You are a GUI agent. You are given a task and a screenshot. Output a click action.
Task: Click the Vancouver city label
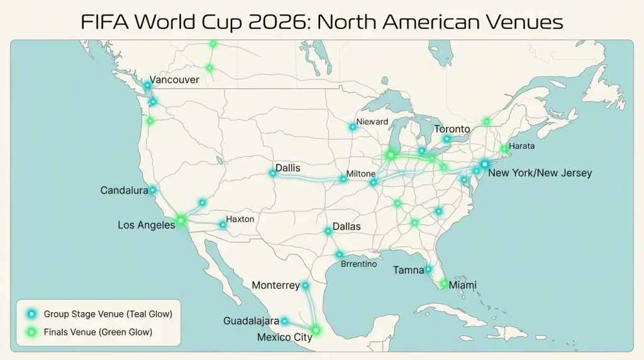[x=174, y=80]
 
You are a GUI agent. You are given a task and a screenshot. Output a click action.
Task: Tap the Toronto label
[x=452, y=129]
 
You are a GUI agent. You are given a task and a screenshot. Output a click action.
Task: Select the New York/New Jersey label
[x=540, y=173]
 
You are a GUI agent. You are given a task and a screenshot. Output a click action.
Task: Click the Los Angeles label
[x=147, y=225]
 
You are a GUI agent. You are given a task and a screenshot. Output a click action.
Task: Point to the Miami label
[x=462, y=285]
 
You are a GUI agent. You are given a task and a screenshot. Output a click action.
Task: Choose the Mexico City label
[x=284, y=337]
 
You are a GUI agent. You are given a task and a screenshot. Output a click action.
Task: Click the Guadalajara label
[x=251, y=321]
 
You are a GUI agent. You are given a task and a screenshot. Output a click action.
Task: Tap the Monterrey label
[x=275, y=285]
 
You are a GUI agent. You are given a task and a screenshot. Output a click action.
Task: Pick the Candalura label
[x=124, y=190]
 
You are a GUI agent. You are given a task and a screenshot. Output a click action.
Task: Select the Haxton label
[x=240, y=219]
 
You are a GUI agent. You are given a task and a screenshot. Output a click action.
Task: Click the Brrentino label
[x=358, y=264]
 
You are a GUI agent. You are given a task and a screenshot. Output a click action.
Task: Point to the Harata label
[x=522, y=146]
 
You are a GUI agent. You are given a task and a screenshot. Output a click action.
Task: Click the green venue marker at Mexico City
[x=316, y=329]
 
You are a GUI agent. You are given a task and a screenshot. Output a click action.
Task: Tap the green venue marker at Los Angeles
[x=181, y=220]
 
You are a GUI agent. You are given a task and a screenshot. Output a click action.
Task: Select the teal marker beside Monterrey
[x=306, y=285]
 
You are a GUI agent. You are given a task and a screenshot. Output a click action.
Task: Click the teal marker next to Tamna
[x=428, y=269]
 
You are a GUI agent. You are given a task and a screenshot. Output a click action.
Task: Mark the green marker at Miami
[x=443, y=284]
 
